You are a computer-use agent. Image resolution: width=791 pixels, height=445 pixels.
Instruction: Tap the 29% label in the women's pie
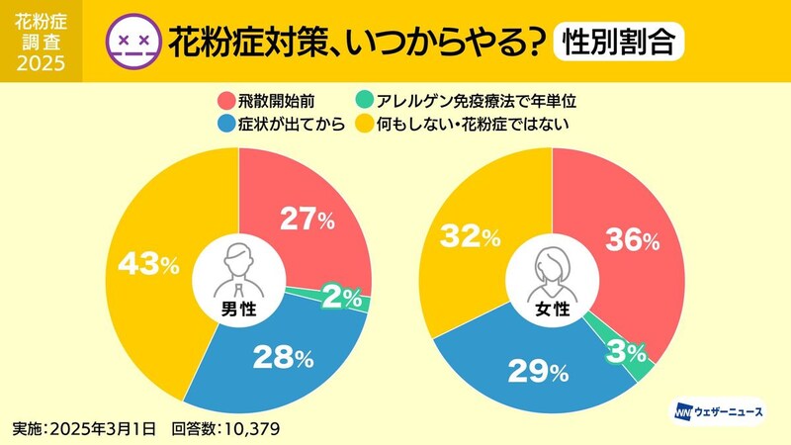[x=540, y=371]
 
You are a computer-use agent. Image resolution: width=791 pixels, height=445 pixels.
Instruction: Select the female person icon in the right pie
[x=551, y=265]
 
